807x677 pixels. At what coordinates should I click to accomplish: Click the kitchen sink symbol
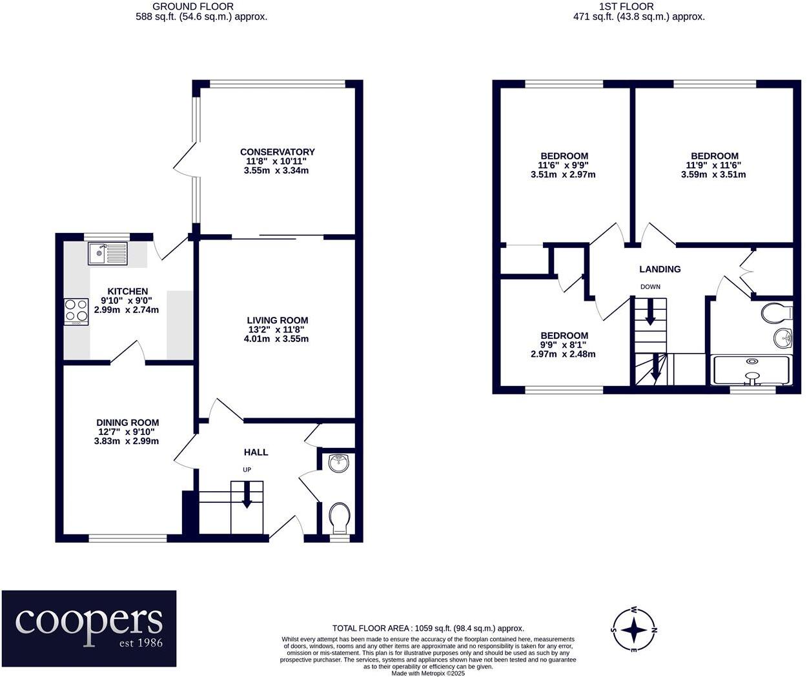108,254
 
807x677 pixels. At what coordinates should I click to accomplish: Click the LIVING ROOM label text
277,320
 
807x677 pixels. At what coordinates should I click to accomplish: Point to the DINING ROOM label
127,423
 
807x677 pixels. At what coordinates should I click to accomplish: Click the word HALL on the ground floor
256,452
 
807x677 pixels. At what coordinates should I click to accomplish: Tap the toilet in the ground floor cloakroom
339,516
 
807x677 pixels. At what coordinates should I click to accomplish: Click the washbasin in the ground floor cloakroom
338,463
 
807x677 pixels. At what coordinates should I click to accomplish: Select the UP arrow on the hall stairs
247,496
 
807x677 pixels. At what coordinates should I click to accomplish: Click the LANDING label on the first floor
659,269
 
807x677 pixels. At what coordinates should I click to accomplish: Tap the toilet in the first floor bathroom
775,313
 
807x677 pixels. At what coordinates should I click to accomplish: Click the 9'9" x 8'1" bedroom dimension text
564,345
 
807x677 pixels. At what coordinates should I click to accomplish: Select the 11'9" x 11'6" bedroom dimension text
714,165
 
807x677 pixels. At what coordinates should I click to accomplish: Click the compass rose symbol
634,629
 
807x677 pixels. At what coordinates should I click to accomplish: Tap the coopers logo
88,628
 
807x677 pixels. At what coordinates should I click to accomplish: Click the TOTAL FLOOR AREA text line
428,628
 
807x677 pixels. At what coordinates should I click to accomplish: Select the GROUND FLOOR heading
193,6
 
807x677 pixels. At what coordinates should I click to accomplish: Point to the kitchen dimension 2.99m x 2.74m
127,310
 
